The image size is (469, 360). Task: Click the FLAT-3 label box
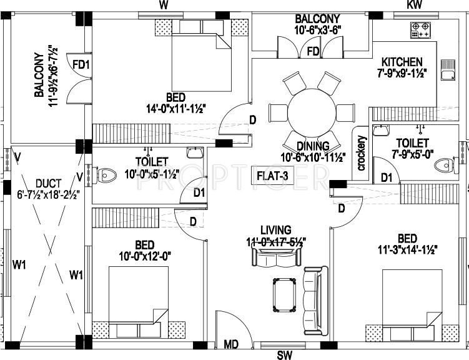[272, 176]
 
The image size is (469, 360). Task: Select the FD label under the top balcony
[313, 51]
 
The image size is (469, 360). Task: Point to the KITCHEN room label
[402, 62]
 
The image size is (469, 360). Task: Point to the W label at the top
[164, 5]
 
